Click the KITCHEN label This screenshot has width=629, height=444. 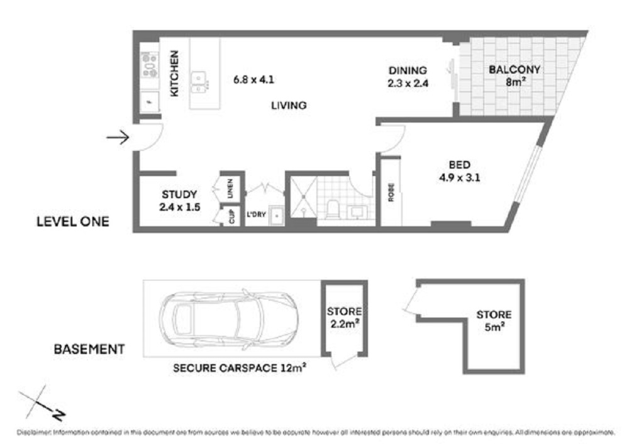[x=175, y=74]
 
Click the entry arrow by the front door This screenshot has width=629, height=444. [x=118, y=137]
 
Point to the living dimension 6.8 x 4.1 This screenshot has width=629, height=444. [x=253, y=80]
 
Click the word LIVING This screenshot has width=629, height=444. [x=289, y=106]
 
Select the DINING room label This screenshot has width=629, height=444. [x=408, y=76]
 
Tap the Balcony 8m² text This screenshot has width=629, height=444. [x=515, y=75]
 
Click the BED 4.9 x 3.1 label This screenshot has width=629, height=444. [x=460, y=171]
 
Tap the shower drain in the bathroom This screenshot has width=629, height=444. [x=302, y=196]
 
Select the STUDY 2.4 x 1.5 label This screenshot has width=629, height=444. [x=179, y=200]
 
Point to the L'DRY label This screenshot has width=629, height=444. [x=255, y=214]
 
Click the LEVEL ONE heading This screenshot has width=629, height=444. [x=72, y=221]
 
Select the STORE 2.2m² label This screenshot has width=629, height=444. [x=344, y=318]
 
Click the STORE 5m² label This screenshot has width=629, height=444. [x=493, y=320]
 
